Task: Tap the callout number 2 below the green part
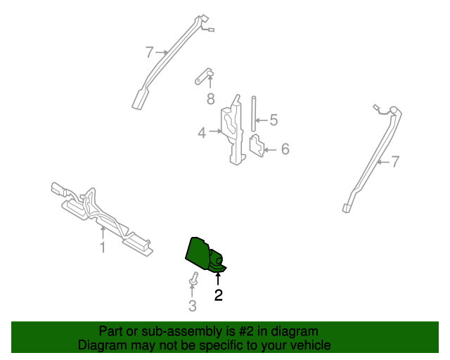tap(219, 296)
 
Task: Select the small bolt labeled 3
tap(192, 281)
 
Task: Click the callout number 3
tap(192, 306)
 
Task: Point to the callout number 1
tap(103, 247)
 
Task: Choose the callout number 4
tap(202, 132)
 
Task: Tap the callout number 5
tap(274, 121)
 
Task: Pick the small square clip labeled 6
tap(257, 146)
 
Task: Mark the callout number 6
tap(285, 149)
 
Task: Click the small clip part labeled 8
tap(205, 76)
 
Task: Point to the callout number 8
tap(210, 99)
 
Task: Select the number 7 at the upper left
tap(149, 52)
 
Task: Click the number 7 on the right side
tap(395, 162)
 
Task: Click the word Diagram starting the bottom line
tap(101, 346)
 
